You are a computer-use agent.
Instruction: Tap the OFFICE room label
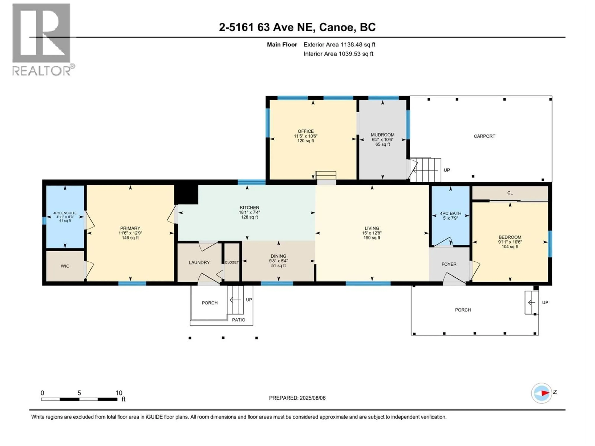coord(306,131)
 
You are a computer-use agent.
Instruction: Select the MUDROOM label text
coord(383,135)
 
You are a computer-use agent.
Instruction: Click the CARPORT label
coord(484,136)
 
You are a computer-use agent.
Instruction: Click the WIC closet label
coord(65,266)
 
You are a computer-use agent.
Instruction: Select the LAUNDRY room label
coord(199,262)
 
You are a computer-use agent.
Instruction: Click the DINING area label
coord(278,256)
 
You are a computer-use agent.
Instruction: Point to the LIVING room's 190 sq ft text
coord(372,238)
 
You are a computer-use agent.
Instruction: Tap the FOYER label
coord(449,264)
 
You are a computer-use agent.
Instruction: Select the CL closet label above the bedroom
coord(510,193)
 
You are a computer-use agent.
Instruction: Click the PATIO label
coord(238,320)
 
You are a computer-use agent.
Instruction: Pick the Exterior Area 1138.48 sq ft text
coord(339,45)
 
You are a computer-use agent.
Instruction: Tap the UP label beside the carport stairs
coord(447,170)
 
